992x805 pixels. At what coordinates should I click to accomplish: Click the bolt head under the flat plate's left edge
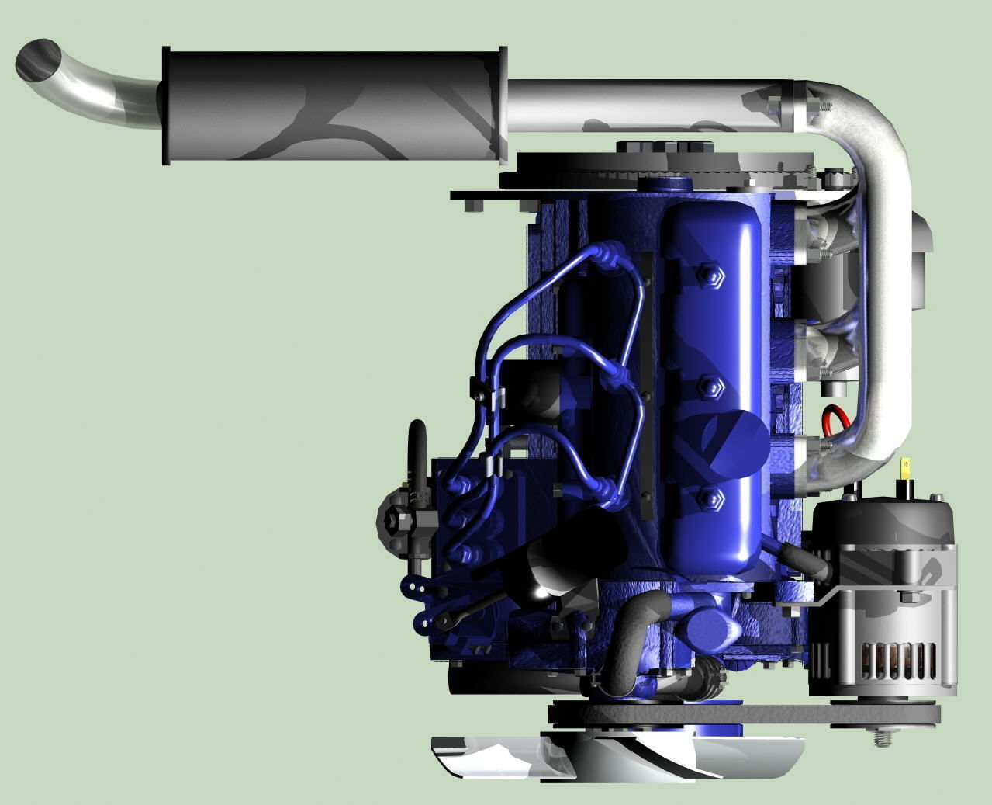coord(472,206)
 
